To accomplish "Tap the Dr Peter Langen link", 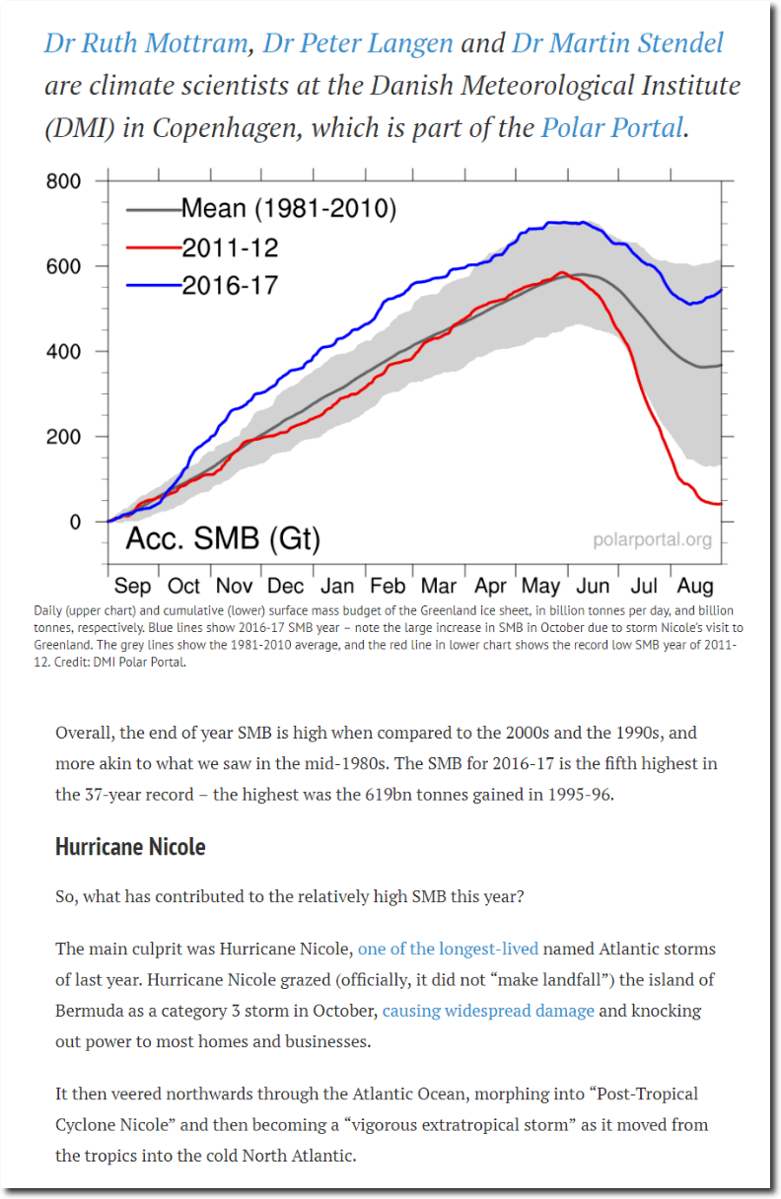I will (358, 44).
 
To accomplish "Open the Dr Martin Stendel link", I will (617, 44).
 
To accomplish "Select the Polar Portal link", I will (611, 128).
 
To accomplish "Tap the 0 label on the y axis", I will (75, 522).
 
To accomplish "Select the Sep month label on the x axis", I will (132, 586).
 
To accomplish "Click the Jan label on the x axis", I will (337, 586).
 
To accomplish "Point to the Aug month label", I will (696, 586).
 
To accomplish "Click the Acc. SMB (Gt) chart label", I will (221, 539).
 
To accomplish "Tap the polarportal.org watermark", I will (651, 540).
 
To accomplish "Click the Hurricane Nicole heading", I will (130, 847).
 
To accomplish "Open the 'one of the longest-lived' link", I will (448, 950).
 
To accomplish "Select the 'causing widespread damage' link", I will (488, 1011).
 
